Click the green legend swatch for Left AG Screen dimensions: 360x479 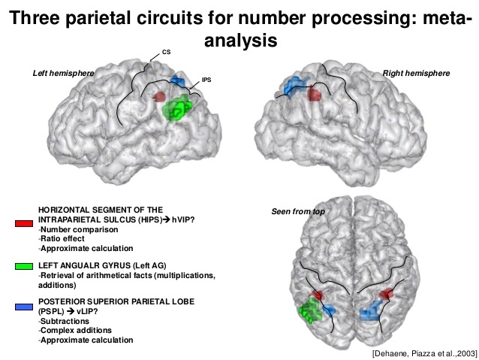point(23,266)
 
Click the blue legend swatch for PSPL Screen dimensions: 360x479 point(23,307)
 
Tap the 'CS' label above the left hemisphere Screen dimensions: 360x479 point(166,53)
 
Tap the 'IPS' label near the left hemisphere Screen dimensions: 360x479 point(205,78)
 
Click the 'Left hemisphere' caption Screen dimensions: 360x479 point(62,73)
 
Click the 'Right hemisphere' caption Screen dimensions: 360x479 point(416,73)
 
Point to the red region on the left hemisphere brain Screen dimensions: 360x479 point(159,96)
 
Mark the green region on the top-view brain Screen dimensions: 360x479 point(309,310)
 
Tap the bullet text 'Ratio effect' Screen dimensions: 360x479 point(65,239)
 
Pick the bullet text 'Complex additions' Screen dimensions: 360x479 point(76,331)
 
